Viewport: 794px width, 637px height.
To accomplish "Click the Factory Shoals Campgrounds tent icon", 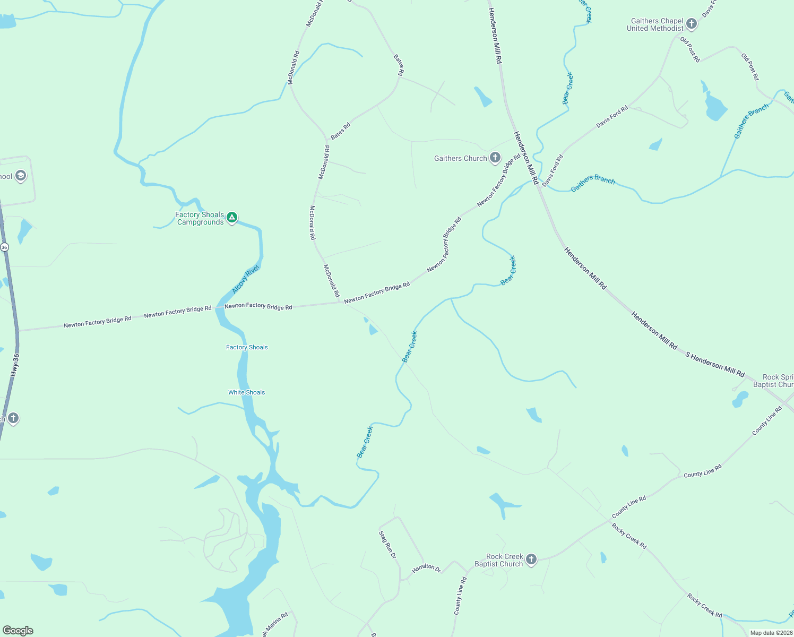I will [231, 217].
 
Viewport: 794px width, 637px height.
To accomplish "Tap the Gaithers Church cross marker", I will [495, 157].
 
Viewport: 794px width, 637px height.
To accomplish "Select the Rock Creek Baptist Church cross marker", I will [531, 559].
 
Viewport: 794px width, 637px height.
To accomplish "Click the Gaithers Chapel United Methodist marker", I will [691, 23].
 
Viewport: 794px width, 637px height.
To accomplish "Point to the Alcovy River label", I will [245, 279].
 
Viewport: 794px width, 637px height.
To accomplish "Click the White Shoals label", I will [246, 392].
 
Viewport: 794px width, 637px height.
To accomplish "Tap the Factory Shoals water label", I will [247, 347].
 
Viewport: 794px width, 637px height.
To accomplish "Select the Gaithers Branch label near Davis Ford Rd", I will [593, 183].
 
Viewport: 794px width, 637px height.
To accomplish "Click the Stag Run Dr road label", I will [387, 544].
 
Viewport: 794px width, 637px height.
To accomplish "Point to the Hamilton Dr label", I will [427, 568].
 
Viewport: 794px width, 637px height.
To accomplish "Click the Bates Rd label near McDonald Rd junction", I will [340, 131].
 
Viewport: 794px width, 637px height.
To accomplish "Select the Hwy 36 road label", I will [15, 366].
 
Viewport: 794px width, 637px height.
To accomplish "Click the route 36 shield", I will [4, 247].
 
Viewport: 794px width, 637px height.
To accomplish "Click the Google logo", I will [18, 631].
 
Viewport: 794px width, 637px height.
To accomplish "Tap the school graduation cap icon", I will [20, 176].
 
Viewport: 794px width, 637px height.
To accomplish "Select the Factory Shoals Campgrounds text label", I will [200, 218].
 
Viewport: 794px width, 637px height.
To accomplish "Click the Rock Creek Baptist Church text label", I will [498, 560].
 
